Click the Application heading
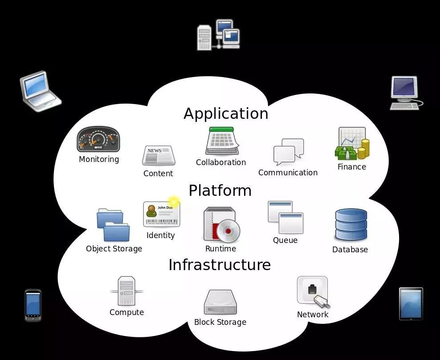click(226, 113)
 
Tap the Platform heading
click(220, 190)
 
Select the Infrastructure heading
click(220, 265)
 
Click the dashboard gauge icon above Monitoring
click(98, 139)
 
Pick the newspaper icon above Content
click(158, 155)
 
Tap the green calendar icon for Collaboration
click(222, 141)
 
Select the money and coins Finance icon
click(352, 144)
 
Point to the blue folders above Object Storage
click(113, 225)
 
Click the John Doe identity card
click(161, 214)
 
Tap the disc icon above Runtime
click(221, 225)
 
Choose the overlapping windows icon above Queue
click(285, 217)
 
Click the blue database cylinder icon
click(351, 225)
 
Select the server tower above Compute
click(126, 291)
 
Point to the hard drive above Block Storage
click(220, 303)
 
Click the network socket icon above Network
click(313, 291)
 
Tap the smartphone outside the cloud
click(33, 305)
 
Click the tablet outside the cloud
click(411, 303)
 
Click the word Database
click(350, 250)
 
